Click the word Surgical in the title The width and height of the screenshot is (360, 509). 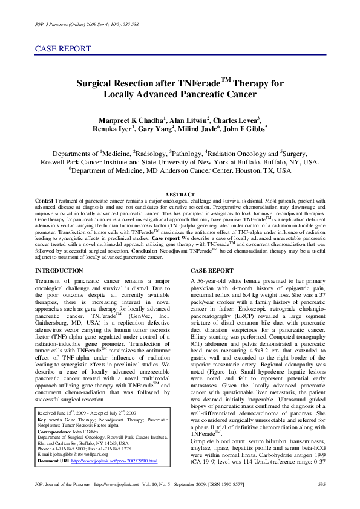(x=99, y=84)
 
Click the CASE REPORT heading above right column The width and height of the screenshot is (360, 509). (x=211, y=270)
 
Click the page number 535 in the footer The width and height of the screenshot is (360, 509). (x=321, y=484)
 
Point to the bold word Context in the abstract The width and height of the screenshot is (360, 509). (x=44, y=199)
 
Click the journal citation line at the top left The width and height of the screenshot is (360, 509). (x=88, y=25)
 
